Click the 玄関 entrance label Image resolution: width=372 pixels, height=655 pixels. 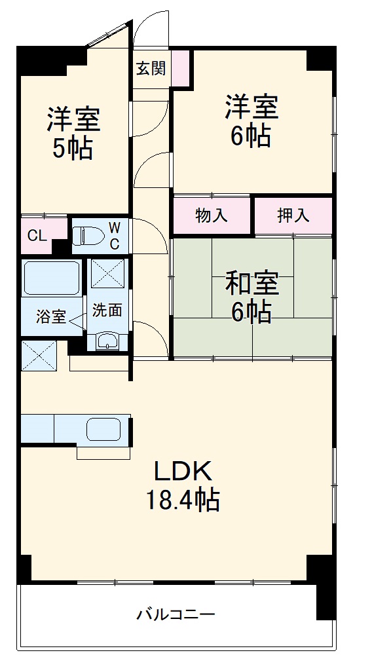[151, 68]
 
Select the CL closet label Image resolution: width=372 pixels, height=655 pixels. [37, 236]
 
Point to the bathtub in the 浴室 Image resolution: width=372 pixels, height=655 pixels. [52, 278]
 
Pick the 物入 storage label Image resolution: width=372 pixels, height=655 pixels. [212, 215]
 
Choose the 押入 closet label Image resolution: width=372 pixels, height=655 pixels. [293, 215]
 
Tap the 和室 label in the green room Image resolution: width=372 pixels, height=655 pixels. [252, 284]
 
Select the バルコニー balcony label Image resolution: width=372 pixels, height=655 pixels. [176, 615]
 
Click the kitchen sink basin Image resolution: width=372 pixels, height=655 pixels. [105, 430]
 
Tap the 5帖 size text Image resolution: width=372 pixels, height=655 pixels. [72, 149]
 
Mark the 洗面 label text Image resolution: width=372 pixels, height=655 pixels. [107, 310]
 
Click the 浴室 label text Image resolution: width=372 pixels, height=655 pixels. [50, 317]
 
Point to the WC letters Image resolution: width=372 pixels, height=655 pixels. [114, 236]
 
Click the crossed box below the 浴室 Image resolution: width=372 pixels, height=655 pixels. [39, 354]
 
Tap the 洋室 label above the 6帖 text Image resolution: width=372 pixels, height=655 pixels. [252, 107]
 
